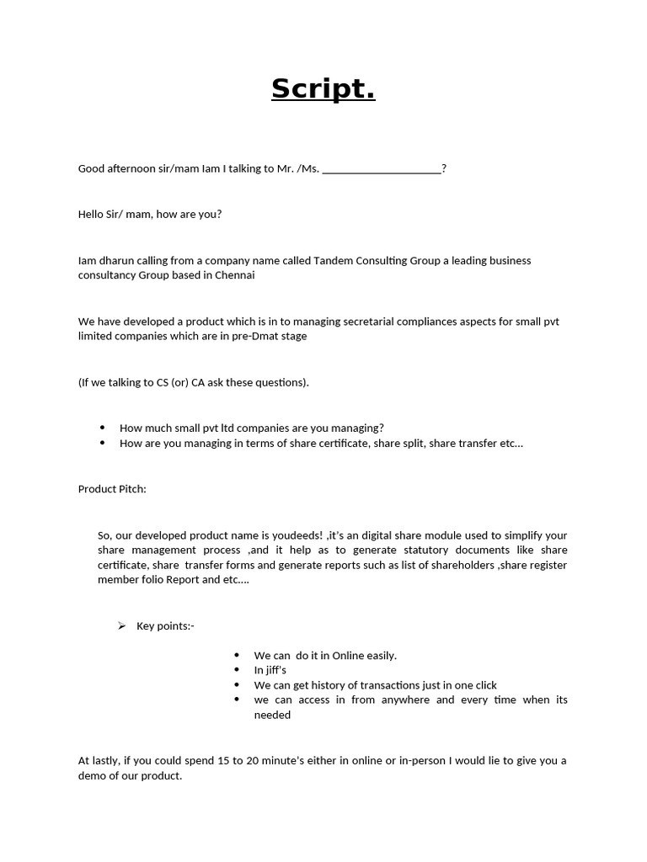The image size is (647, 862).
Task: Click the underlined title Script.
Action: (323, 88)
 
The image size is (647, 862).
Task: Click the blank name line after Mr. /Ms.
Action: (382, 169)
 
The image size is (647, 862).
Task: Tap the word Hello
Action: (92, 214)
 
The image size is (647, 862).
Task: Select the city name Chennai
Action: (234, 274)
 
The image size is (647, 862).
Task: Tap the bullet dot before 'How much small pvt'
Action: (103, 428)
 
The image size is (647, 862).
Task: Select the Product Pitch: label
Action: (112, 488)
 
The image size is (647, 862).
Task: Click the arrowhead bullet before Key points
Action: (121, 625)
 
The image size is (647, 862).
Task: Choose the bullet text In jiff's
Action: (270, 670)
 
